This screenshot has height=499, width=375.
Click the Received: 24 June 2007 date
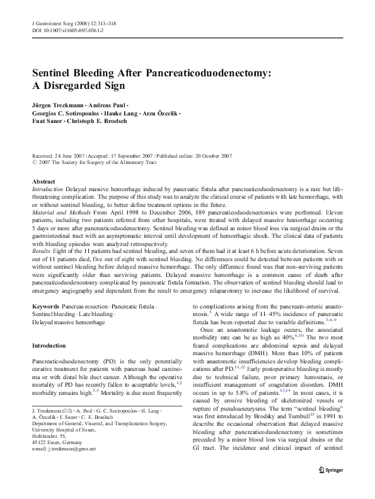pos(60,155)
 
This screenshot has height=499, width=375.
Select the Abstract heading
pos(43,181)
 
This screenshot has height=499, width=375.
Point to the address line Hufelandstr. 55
pos(49,454)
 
